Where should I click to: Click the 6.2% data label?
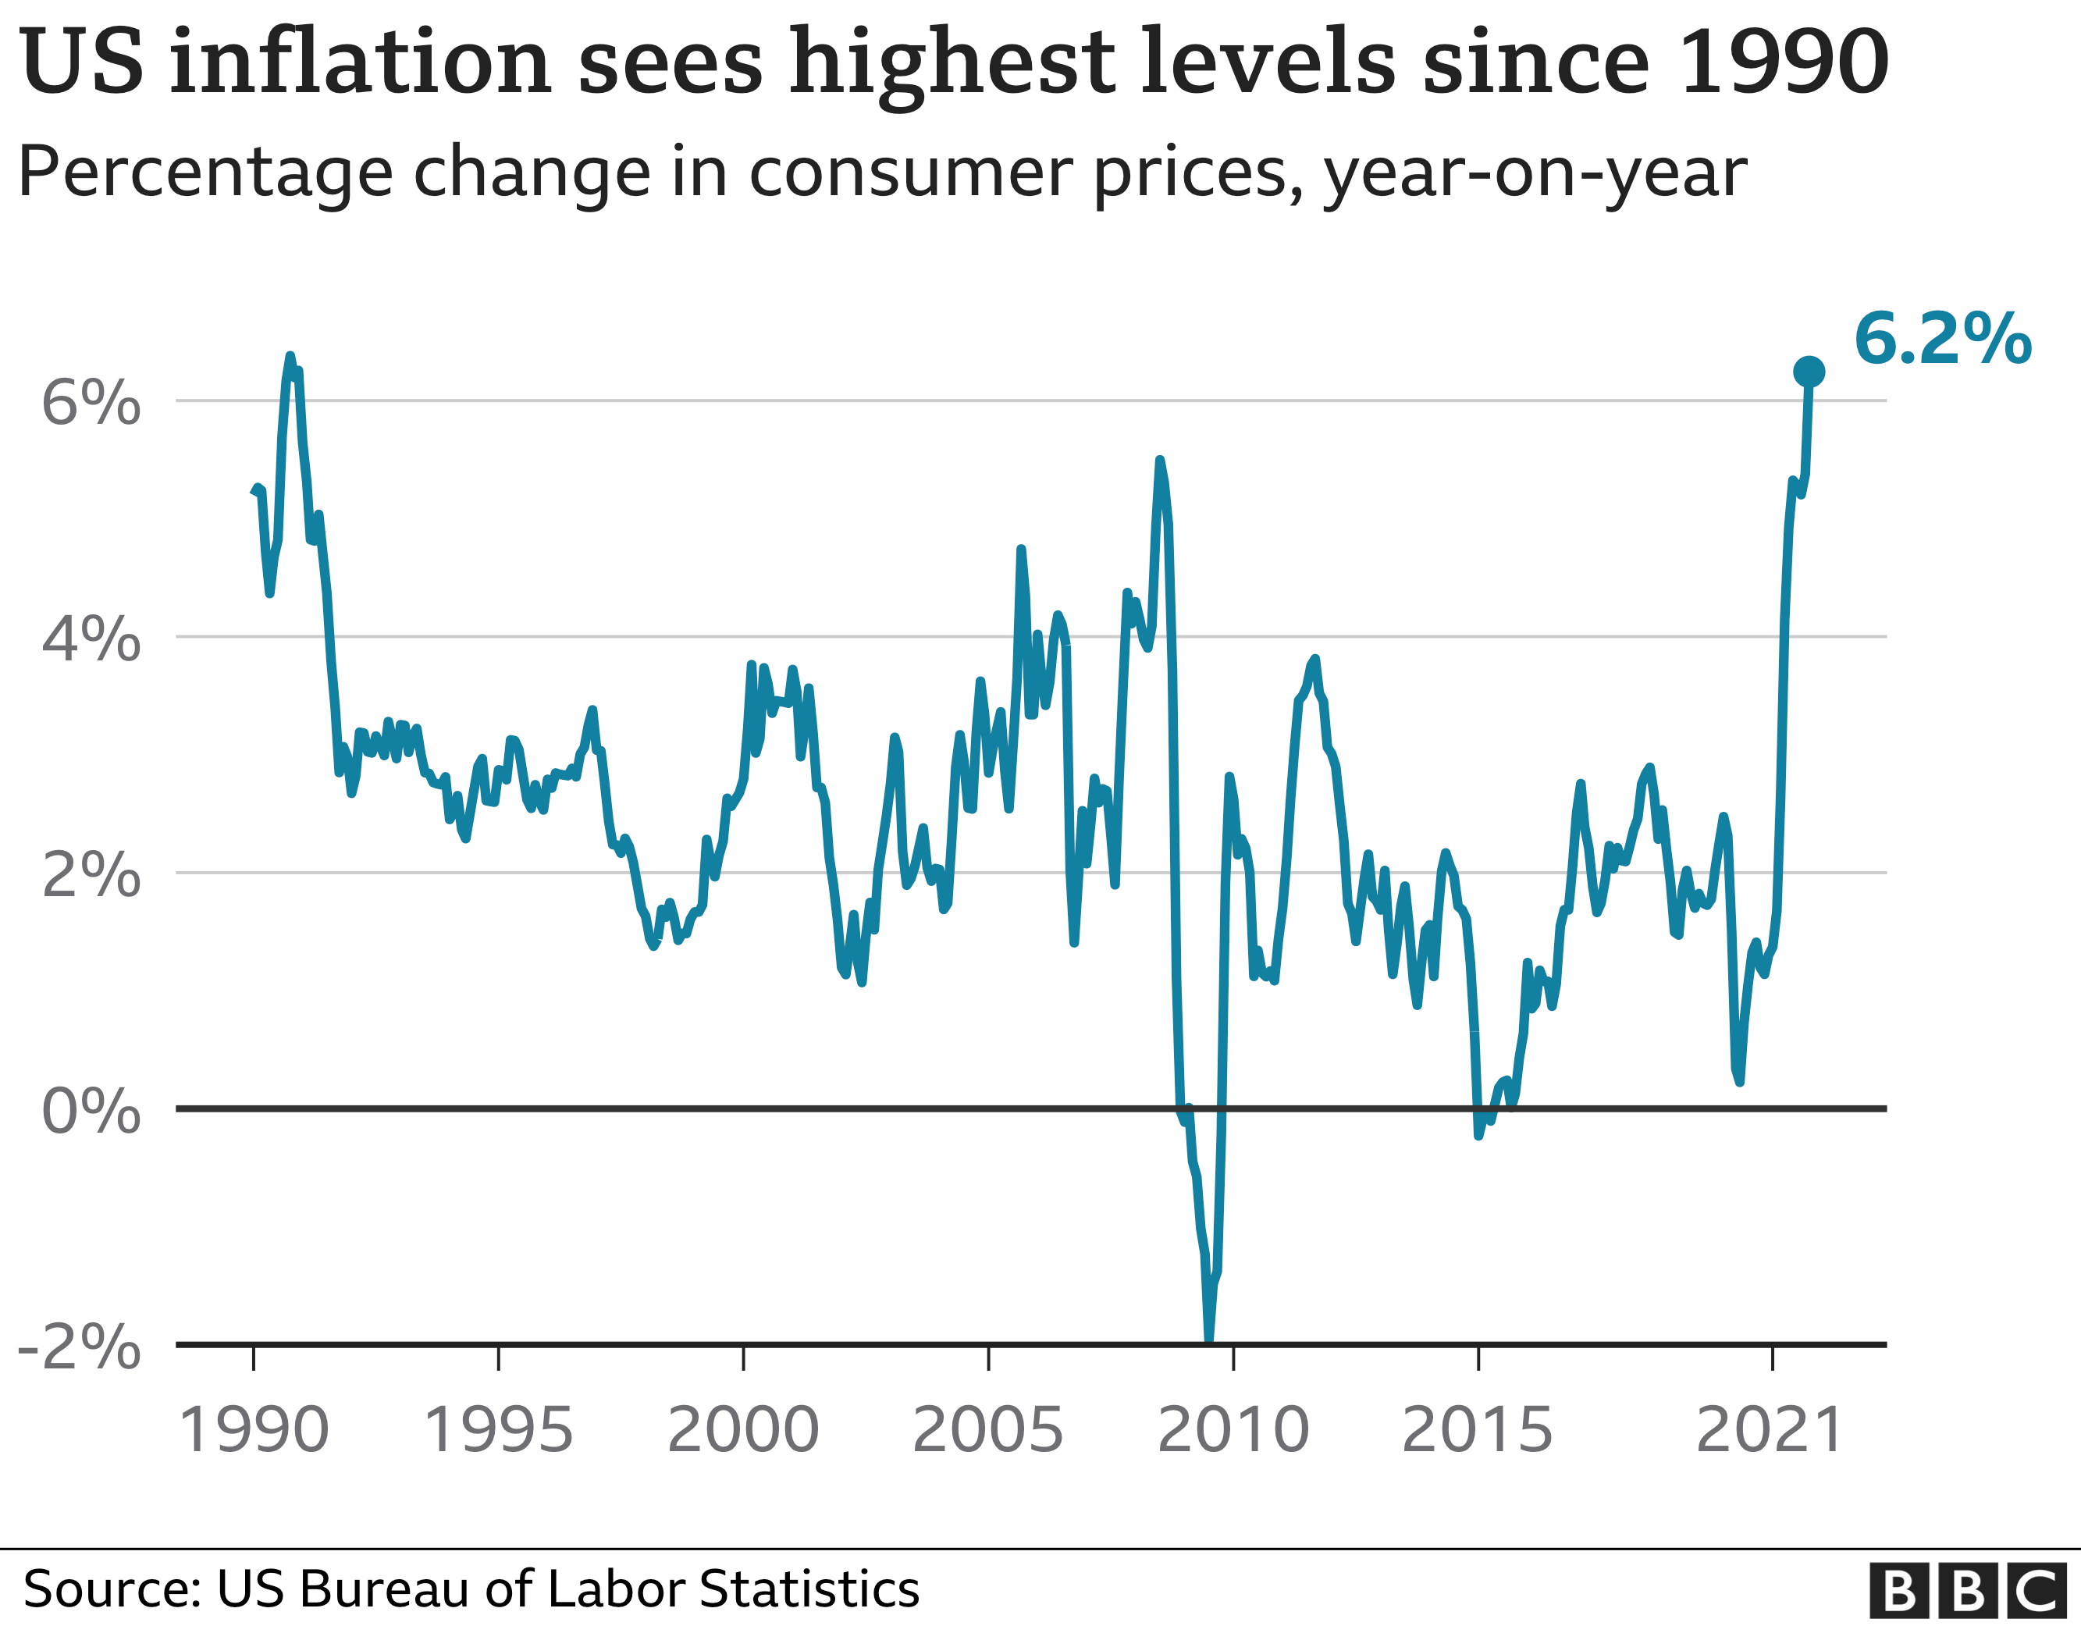click(x=1942, y=340)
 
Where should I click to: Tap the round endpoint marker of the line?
click(x=1809, y=372)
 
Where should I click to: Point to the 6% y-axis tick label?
click(x=91, y=402)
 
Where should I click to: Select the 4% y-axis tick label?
click(x=91, y=638)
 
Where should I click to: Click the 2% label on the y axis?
click(x=91, y=874)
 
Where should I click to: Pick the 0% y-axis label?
click(x=91, y=1110)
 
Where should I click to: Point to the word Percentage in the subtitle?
click(x=205, y=173)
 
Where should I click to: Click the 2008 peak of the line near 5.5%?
click(x=1160, y=461)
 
